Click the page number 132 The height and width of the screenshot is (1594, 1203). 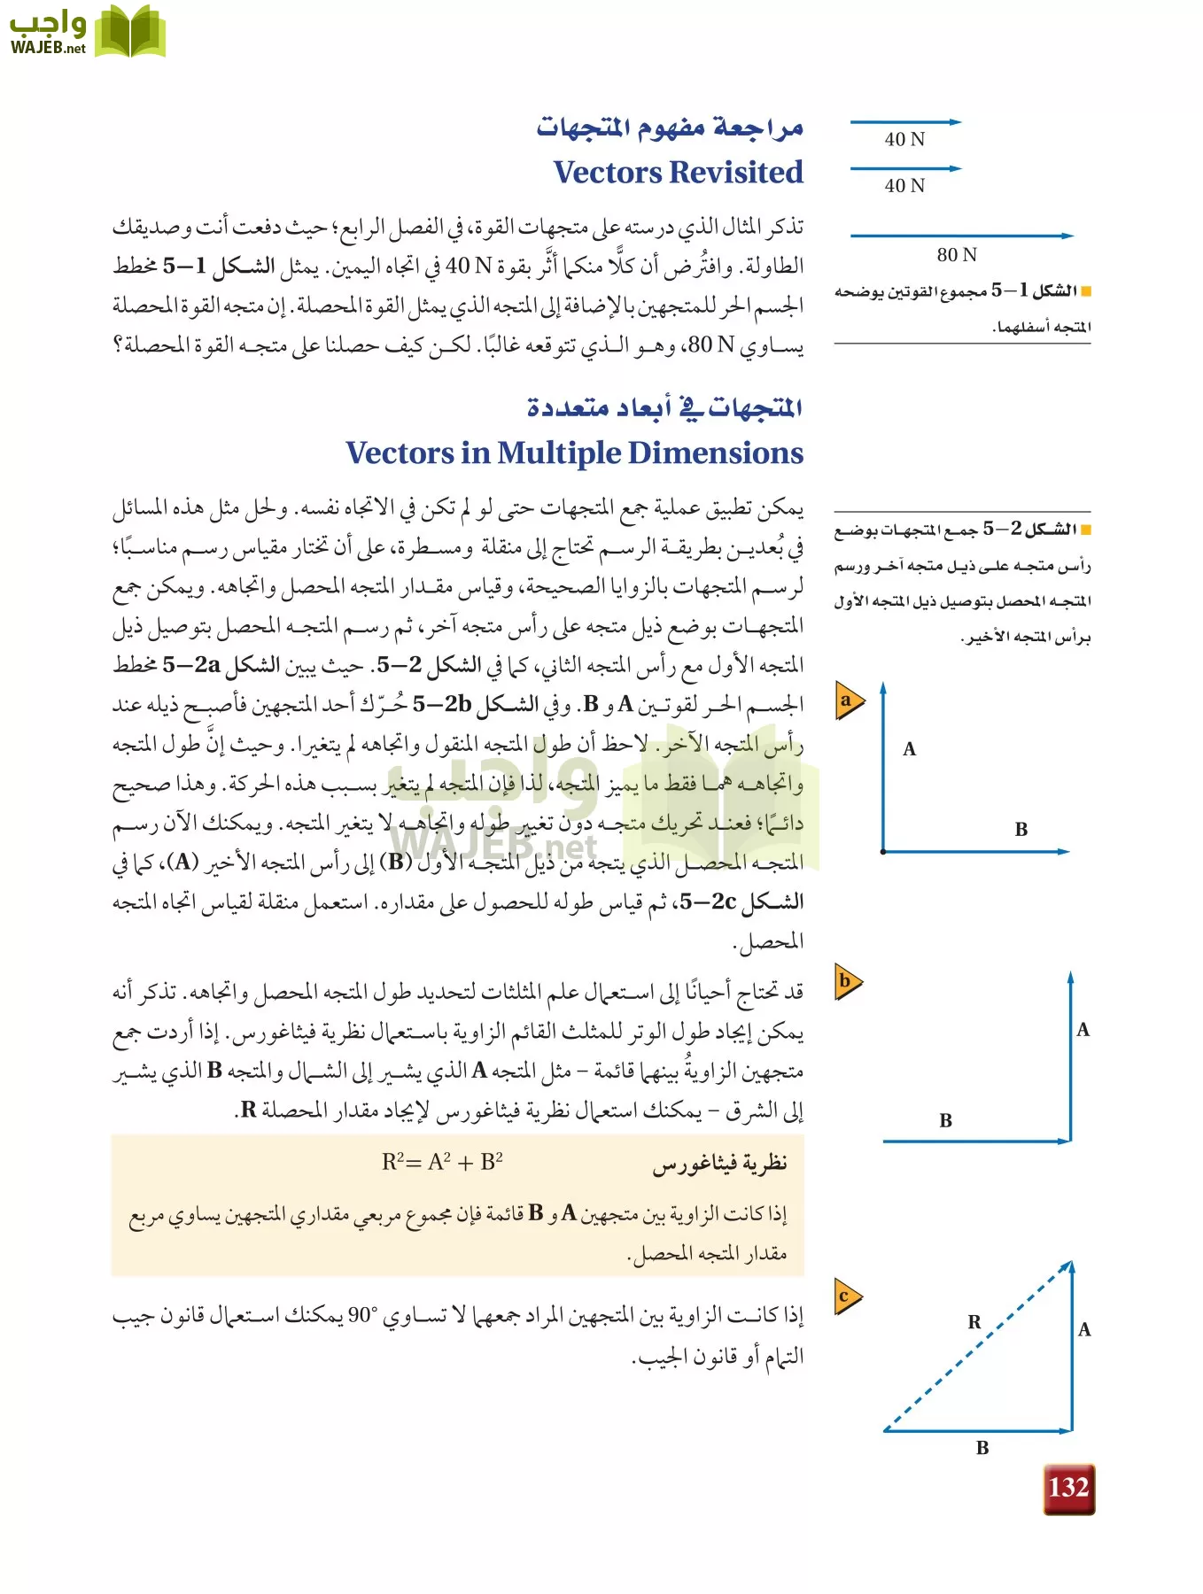pos(1068,1488)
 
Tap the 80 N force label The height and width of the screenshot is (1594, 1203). pos(957,255)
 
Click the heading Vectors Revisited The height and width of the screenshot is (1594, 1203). pos(678,172)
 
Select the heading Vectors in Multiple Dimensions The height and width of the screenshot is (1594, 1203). pos(574,453)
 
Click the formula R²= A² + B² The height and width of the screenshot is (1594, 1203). pos(442,1162)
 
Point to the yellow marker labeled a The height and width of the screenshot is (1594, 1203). pos(848,701)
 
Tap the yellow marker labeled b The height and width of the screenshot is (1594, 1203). pos(847,981)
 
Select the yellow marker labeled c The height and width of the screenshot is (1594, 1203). pos(846,1297)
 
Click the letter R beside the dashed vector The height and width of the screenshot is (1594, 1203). pos(974,1322)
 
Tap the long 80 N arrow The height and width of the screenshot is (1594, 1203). pos(961,236)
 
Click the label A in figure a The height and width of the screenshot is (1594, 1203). pos(909,749)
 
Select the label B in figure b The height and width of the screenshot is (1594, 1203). pos(945,1121)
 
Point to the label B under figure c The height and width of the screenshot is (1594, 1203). pos(982,1449)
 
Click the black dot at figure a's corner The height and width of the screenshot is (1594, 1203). pos(883,852)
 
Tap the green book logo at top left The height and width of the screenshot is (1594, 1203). pos(129,32)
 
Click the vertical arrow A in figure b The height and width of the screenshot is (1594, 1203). pos(1070,1054)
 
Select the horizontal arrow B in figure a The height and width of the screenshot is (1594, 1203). pos(974,852)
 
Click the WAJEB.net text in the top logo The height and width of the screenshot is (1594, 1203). pos(48,48)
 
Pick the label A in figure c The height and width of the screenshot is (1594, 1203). pos(1084,1330)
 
